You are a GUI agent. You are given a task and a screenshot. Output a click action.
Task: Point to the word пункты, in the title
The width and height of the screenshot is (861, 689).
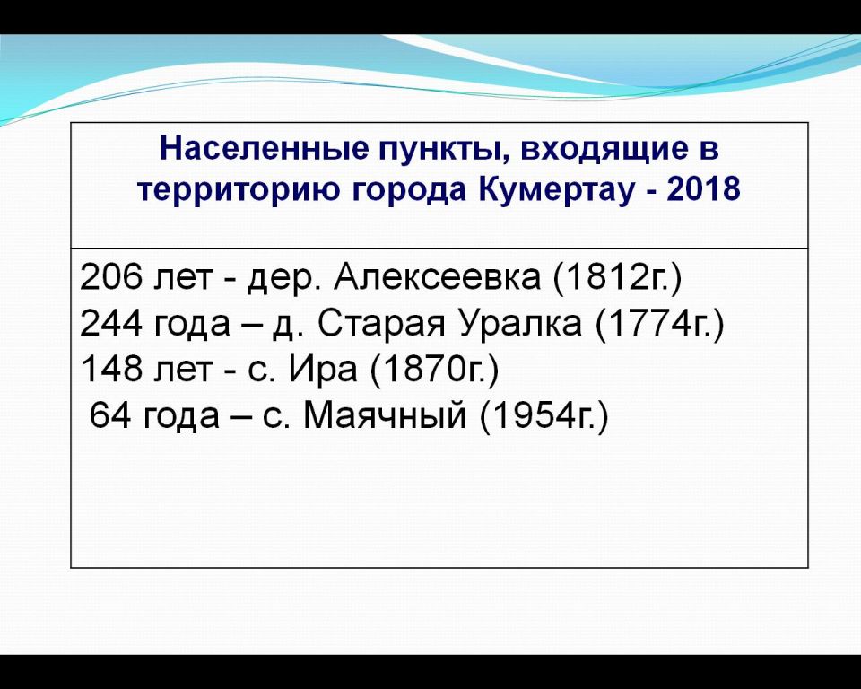pyautogui.click(x=442, y=151)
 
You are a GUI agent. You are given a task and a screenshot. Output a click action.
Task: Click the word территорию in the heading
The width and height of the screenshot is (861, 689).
pyautogui.click(x=238, y=191)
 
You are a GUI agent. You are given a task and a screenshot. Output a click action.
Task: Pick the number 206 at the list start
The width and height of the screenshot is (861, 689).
pyautogui.click(x=110, y=276)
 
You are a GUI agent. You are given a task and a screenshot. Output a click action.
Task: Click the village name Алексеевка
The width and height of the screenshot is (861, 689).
pyautogui.click(x=437, y=276)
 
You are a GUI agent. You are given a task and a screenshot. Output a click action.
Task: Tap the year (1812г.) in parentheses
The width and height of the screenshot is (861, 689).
pyautogui.click(x=617, y=277)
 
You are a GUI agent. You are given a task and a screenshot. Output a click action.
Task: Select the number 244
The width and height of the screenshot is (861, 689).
pyautogui.click(x=111, y=323)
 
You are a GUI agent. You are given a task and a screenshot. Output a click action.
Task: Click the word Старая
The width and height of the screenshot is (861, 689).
pyautogui.click(x=381, y=324)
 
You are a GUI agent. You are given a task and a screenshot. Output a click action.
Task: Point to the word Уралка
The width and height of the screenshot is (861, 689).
pyautogui.click(x=520, y=324)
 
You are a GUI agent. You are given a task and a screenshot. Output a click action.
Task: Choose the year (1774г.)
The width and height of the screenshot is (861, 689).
pyautogui.click(x=660, y=324)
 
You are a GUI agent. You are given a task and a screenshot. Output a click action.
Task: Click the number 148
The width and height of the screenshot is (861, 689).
pyautogui.click(x=111, y=369)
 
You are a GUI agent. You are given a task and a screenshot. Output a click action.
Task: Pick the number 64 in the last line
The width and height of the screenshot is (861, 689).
pyautogui.click(x=109, y=414)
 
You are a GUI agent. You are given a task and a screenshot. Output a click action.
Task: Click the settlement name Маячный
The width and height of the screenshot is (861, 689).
pyautogui.click(x=385, y=414)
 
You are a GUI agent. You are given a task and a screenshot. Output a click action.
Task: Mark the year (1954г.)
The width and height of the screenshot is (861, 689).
pyautogui.click(x=544, y=416)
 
